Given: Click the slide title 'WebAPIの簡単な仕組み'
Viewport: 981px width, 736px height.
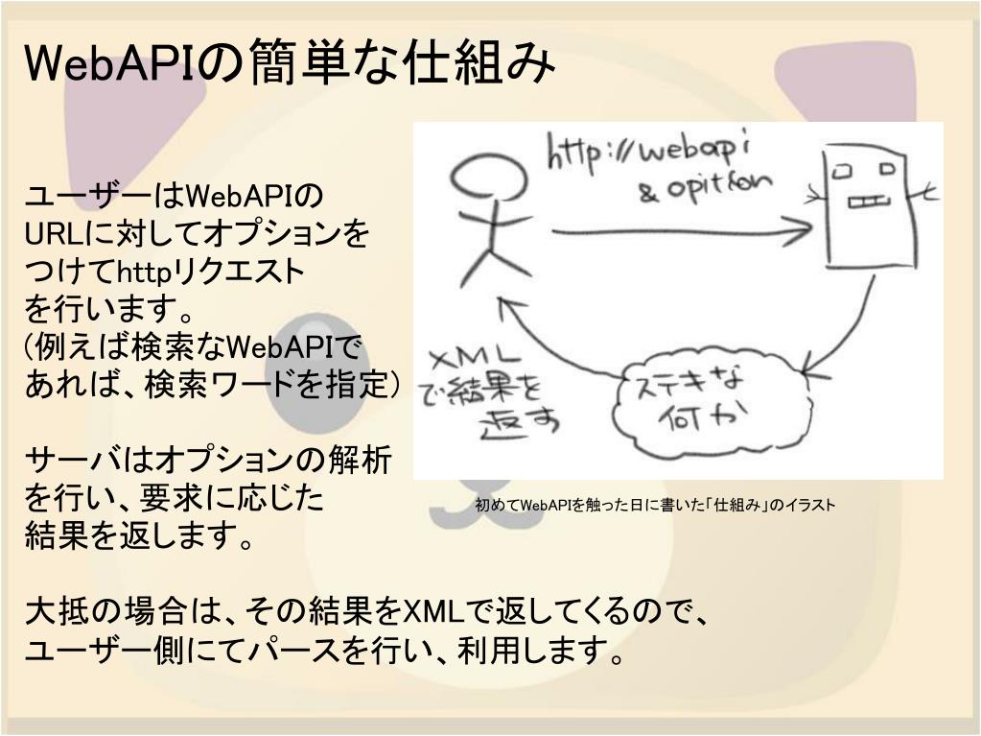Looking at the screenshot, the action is point(289,64).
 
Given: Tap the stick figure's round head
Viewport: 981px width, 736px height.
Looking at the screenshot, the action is point(488,178).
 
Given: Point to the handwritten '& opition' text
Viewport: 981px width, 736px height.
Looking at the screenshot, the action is point(705,187).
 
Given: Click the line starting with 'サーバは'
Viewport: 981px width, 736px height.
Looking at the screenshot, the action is point(206,461).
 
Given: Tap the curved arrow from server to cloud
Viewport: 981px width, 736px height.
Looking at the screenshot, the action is point(844,326).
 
